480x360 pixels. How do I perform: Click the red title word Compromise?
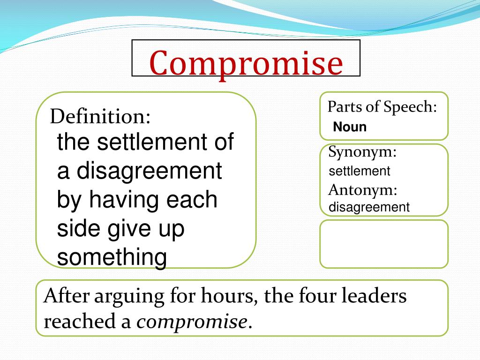(246, 63)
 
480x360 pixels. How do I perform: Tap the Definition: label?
(100, 116)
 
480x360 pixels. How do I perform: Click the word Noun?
(350, 127)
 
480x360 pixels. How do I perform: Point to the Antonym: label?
(362, 190)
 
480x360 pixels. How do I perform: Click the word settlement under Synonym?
(359, 171)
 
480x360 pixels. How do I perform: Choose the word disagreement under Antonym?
(369, 207)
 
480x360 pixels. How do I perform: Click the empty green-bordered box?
(383, 244)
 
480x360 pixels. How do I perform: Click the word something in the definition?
(112, 257)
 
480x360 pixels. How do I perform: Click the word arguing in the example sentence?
(130, 297)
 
